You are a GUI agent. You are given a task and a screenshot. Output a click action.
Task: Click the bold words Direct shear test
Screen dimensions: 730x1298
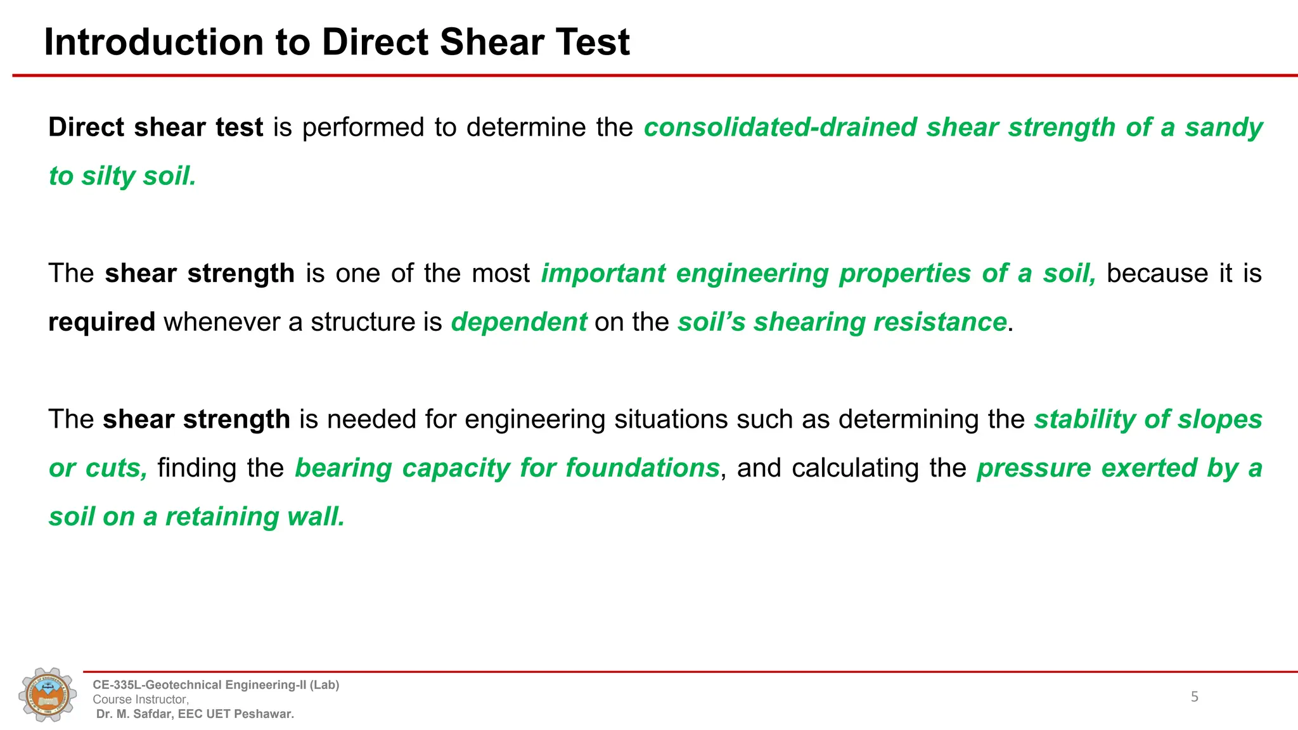[x=155, y=127]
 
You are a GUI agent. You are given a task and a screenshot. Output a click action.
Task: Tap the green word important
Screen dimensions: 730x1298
[x=603, y=274]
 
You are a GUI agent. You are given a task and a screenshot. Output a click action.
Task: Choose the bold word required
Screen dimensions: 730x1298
[x=101, y=323]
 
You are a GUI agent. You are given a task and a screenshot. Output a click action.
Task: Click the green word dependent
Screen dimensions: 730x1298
[x=518, y=322]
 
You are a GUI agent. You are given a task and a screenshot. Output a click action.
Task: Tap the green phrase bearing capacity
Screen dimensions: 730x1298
[x=402, y=468]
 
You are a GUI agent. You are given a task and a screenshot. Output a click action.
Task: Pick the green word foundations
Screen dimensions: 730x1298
[x=642, y=468]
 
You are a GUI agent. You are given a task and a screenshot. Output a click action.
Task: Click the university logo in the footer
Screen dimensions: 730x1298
[x=48, y=695]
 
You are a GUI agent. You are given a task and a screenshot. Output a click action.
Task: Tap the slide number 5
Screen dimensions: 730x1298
[x=1194, y=697]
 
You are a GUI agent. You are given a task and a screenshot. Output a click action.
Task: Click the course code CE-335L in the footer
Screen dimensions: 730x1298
[x=117, y=685]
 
